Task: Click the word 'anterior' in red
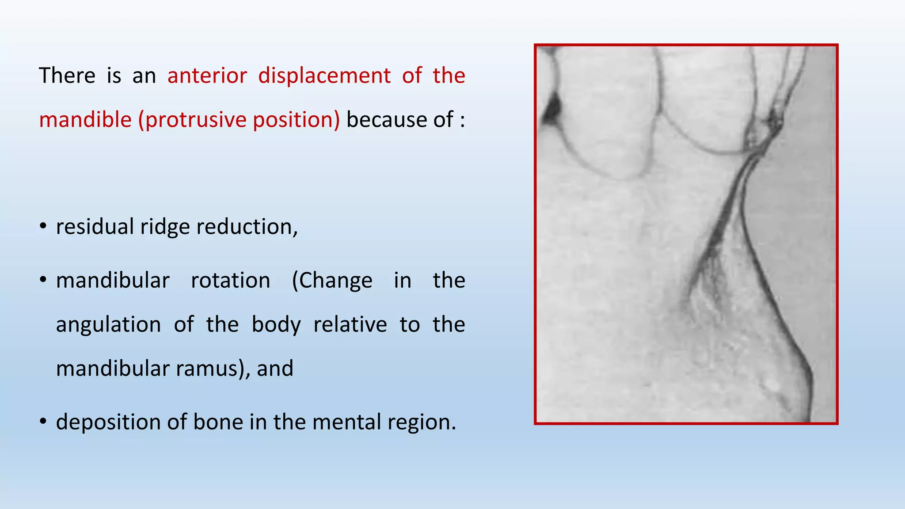(207, 76)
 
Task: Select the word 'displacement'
(324, 76)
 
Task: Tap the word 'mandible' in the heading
(85, 120)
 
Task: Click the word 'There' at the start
(67, 76)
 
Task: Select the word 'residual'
(95, 227)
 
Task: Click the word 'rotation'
(230, 281)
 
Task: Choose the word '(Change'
(332, 281)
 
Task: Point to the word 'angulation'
(108, 325)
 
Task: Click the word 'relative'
(350, 325)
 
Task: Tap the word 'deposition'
(108, 422)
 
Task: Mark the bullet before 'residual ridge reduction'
(43, 227)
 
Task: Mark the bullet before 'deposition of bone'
(43, 422)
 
